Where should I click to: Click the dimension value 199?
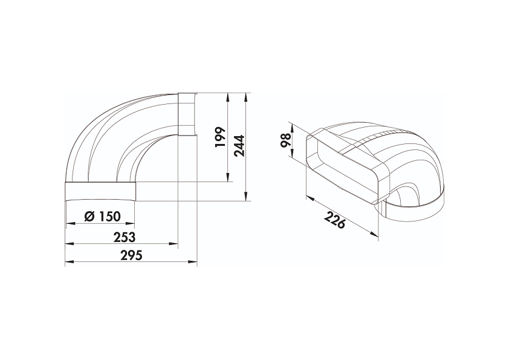tap(221, 137)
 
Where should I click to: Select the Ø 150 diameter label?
tap(102, 216)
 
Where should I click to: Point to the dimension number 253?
tap(125, 237)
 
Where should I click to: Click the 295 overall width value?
tap(131, 255)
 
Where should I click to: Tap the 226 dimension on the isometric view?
tap(335, 220)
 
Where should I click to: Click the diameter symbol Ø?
tap(89, 216)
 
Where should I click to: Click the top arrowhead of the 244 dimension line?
tap(247, 96)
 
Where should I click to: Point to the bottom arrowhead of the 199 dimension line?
tap(229, 178)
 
